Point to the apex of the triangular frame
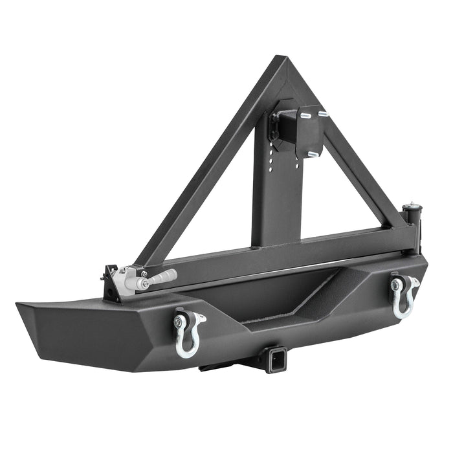click(280, 63)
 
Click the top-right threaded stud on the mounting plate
click(322, 114)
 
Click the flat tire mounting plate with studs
click(309, 131)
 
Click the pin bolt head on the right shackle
click(395, 283)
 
